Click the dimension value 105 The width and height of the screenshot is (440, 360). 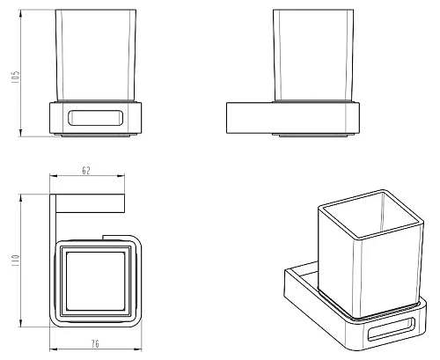click(x=16, y=77)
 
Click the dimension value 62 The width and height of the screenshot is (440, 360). click(x=86, y=171)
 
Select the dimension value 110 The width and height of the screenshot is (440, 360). click(x=15, y=261)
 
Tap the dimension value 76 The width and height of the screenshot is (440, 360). click(x=95, y=343)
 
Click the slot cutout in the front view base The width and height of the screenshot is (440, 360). click(x=95, y=118)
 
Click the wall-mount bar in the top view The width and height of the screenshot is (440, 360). click(x=90, y=203)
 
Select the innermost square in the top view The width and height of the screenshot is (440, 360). click(x=96, y=281)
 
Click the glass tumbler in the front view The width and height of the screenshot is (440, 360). click(x=95, y=55)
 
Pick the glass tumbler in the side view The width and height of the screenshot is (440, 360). click(x=313, y=55)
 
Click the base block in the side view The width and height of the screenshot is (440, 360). click(x=293, y=118)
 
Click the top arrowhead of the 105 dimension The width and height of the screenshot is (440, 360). click(x=20, y=12)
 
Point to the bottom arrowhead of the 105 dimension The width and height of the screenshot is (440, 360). click(x=20, y=133)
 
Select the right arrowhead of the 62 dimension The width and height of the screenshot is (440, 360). click(x=121, y=176)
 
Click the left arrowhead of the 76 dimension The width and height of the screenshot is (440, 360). click(x=54, y=349)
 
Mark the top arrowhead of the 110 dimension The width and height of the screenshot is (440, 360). click(x=20, y=197)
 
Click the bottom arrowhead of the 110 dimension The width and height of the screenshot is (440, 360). click(x=20, y=323)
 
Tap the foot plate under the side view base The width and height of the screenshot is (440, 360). click(x=313, y=136)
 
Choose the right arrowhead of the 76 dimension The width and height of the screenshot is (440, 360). click(x=138, y=349)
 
